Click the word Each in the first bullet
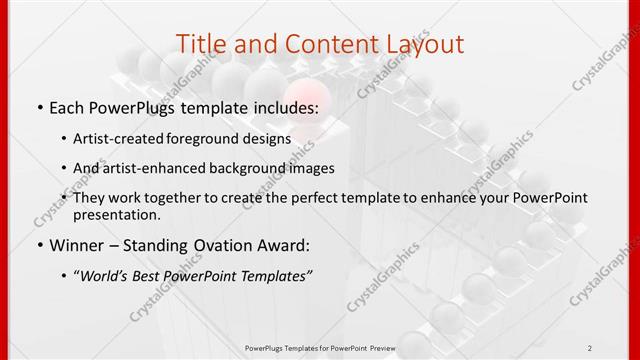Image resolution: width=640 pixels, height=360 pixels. [x=69, y=106]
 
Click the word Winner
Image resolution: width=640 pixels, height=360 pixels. [x=77, y=243]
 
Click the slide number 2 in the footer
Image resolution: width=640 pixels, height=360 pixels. [x=590, y=347]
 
